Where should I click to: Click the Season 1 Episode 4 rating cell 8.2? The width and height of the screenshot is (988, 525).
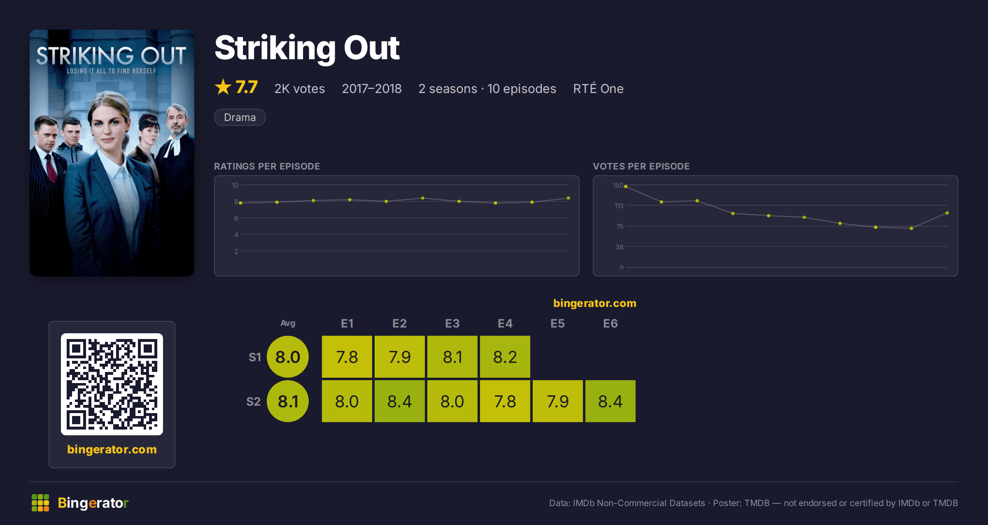point(505,357)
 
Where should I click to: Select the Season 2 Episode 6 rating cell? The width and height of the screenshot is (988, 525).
point(611,401)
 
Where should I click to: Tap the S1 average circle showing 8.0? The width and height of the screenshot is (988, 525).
point(288,357)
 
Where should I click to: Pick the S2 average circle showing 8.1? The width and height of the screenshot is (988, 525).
point(288,401)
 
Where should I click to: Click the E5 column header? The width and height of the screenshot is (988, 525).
point(558,323)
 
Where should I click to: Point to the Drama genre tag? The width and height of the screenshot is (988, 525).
point(240,117)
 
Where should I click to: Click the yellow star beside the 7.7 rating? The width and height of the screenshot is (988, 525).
point(223,87)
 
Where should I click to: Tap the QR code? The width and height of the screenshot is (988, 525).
point(112,384)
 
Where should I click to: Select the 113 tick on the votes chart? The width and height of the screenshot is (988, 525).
point(619,206)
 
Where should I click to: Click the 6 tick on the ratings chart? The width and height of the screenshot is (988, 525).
point(236,218)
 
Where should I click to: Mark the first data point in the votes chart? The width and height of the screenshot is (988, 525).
point(626,186)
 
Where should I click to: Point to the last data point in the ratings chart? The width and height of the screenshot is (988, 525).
point(569,198)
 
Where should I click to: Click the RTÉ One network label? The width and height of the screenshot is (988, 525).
point(598,88)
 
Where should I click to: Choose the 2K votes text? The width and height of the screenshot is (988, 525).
point(300,88)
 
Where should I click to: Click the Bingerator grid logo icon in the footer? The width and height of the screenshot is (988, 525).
point(40,503)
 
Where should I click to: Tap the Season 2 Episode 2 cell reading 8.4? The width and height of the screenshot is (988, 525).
point(400,401)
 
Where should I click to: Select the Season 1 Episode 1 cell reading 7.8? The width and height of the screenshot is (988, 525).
point(347,357)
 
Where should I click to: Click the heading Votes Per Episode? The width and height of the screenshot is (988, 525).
point(641,166)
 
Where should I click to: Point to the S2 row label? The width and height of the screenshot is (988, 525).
point(254,402)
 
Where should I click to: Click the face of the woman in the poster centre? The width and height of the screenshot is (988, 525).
point(108,123)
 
